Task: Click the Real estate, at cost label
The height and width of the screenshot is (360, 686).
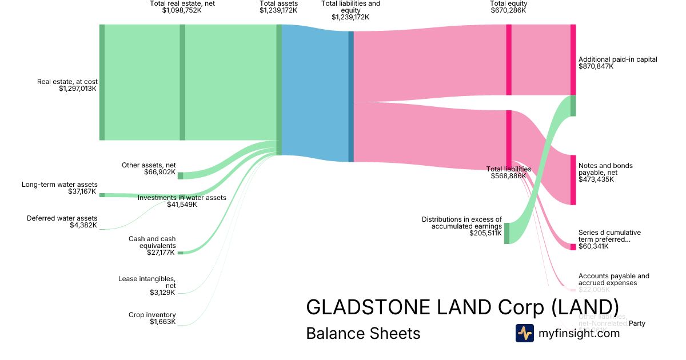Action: pos(67,82)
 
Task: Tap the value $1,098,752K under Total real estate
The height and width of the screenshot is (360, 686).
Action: pos(182,10)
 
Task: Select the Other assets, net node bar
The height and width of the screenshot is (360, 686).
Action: pos(180,175)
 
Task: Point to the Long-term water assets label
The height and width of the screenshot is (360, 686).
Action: pos(59,185)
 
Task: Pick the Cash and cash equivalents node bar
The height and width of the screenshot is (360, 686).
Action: pos(180,253)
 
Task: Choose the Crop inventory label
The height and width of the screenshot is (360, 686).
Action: pos(152,315)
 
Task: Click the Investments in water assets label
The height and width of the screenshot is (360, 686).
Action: pos(182,198)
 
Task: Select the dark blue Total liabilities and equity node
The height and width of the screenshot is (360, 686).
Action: pos(351,96)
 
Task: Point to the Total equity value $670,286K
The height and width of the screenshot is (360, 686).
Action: pos(509,10)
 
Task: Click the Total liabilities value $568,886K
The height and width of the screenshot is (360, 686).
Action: pos(509,176)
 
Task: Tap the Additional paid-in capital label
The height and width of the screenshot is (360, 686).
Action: pos(618,59)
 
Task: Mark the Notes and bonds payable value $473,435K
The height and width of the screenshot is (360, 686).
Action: pos(596,179)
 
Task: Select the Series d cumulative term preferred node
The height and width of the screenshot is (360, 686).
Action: pos(573,247)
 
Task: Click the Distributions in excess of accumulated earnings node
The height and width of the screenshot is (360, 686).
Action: pos(506,233)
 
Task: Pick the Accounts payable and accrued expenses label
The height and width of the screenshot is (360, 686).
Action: pos(614,279)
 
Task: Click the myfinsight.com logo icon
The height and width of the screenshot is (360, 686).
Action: pos(524,333)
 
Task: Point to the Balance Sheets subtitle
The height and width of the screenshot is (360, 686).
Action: pos(363,333)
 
